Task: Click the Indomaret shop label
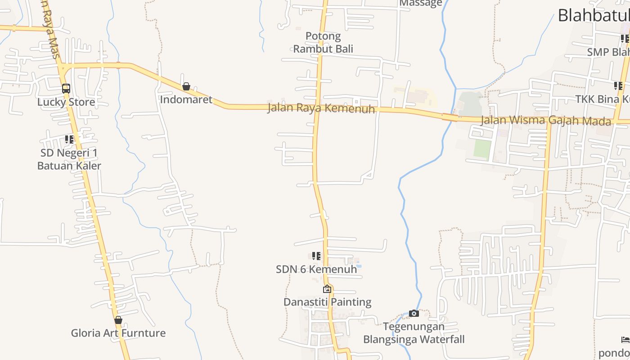coord(186,99)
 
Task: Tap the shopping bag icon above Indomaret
coord(186,86)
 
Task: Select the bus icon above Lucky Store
coord(66,88)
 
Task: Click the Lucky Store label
coord(66,102)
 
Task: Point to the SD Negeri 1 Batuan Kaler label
coord(69,159)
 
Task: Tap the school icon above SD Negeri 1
coord(69,139)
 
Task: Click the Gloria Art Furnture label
coord(118,333)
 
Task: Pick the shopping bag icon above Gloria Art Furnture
coord(118,320)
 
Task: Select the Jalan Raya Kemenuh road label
coord(321,108)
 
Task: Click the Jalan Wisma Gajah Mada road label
coord(546,121)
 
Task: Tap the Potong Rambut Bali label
coord(323,42)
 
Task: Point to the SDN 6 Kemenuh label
coord(316,269)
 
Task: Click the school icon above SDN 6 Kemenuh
coord(316,256)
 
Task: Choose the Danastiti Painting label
coord(327,302)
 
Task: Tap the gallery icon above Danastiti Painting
coord(327,289)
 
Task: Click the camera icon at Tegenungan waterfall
coord(414,313)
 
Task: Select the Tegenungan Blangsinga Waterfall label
coord(414,333)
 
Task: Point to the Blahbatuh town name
coord(594,16)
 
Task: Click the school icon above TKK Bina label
coord(618,85)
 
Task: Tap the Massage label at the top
coord(421,4)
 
